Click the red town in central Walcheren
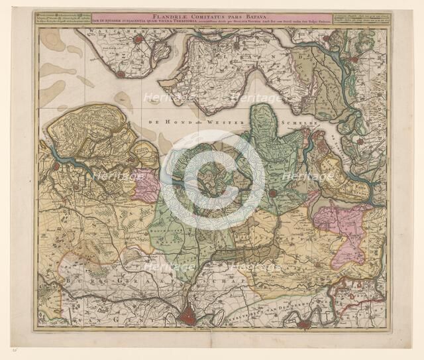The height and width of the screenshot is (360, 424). (x=138, y=40)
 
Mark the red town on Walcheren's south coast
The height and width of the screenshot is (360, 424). (x=121, y=74)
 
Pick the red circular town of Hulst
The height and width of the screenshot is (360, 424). (x=272, y=194)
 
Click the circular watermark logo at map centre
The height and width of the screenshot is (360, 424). (x=212, y=179)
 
